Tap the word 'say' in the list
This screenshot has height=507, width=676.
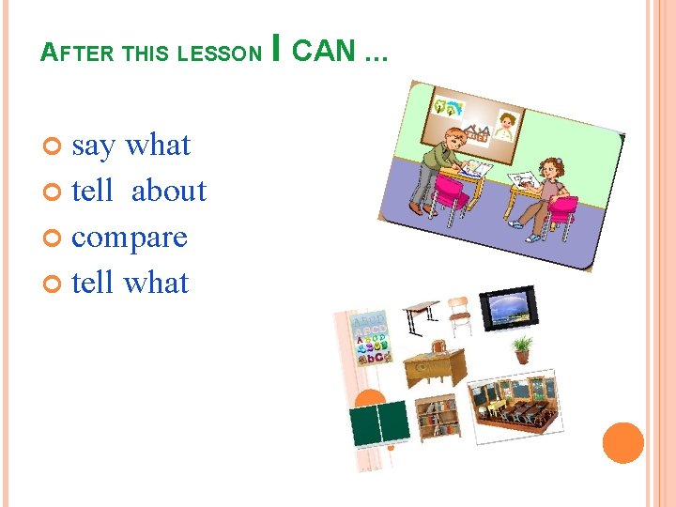coord(93,146)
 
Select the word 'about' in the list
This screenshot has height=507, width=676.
coord(169,191)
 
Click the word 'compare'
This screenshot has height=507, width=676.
coord(130,237)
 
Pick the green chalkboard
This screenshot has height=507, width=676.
coord(379,423)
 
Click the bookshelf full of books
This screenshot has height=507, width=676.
coord(438,419)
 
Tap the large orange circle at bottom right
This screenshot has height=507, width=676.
coord(623,443)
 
